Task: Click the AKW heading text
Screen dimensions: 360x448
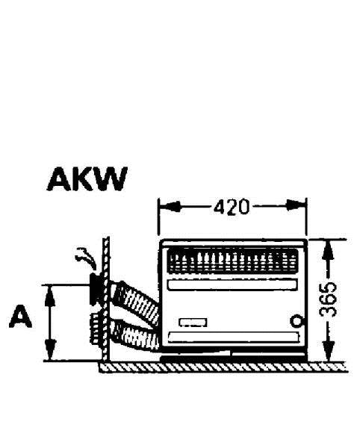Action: pos(87,179)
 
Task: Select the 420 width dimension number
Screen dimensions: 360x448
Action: pos(232,207)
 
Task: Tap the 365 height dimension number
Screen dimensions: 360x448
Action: pos(329,299)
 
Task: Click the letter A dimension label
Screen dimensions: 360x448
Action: pos(20,317)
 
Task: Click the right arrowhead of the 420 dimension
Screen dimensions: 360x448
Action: pos(296,205)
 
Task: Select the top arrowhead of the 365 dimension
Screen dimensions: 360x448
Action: pos(328,250)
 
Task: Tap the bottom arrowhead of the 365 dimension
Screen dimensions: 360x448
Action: pos(329,351)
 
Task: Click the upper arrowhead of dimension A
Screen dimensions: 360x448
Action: pos(50,295)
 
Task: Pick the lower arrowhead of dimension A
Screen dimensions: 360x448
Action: pos(50,350)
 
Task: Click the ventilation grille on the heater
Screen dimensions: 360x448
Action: pos(232,261)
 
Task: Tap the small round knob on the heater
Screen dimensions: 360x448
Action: pos(296,321)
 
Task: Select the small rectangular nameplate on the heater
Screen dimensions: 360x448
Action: pos(193,323)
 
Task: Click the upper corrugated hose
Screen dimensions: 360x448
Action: pos(135,300)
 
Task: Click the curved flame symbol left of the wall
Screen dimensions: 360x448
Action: pos(86,258)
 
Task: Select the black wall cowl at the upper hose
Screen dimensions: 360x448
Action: pos(96,289)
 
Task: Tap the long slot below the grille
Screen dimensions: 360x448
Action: pos(232,285)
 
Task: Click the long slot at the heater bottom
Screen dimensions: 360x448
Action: pos(234,337)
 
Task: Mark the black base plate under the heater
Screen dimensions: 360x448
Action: pos(233,357)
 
